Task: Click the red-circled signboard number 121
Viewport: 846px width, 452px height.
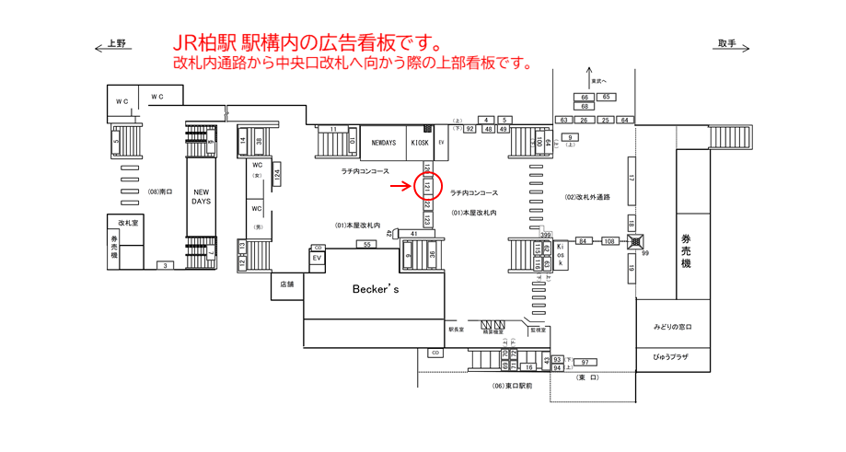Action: (427, 186)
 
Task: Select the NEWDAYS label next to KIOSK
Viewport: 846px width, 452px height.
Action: (384, 143)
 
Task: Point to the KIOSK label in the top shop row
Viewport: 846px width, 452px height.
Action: (420, 143)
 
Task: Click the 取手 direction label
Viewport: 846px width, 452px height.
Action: (727, 43)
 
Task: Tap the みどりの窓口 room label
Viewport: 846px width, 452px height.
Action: (672, 328)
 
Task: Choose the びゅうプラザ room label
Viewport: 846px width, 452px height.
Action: (672, 356)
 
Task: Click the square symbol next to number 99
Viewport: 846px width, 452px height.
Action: (635, 241)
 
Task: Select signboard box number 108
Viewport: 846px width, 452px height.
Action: (609, 241)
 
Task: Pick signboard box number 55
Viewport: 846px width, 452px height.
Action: (366, 244)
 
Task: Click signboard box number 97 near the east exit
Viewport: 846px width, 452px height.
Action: (584, 362)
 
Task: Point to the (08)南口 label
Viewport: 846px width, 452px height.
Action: (160, 192)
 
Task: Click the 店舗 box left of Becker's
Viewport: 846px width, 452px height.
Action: (286, 284)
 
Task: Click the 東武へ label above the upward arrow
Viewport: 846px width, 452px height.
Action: (599, 81)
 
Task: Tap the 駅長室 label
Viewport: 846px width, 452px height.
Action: (456, 329)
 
